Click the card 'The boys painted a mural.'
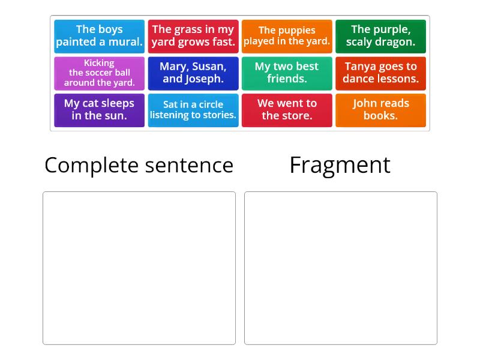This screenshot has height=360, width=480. point(99,37)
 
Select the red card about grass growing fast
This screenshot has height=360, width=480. point(193,37)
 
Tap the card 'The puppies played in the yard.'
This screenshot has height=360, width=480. point(287,37)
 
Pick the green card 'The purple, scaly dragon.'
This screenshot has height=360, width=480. point(380,37)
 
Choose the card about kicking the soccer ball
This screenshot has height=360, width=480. point(99,73)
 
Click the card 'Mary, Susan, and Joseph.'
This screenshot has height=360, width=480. point(193,73)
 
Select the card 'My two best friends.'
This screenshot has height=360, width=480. point(287,73)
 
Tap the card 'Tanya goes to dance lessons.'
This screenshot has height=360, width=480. point(380,73)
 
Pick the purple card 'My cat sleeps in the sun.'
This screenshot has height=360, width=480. point(99,110)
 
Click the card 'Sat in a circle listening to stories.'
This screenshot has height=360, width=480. point(193,110)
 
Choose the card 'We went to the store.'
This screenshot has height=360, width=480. point(287,110)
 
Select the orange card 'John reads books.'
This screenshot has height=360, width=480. point(380,110)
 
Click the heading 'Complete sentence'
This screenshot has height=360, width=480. point(139,166)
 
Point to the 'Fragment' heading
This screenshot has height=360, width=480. point(340,166)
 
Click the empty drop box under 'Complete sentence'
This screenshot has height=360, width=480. point(139,268)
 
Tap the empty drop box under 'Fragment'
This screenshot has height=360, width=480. point(341,268)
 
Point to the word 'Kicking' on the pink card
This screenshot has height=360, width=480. point(99,63)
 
